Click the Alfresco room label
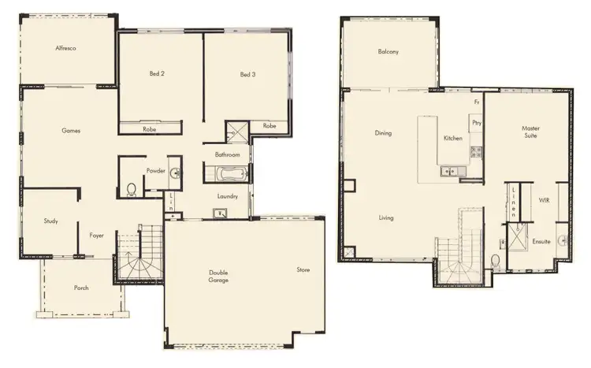click(x=65, y=49)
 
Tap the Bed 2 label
click(x=157, y=75)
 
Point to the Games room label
click(x=72, y=130)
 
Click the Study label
click(x=50, y=221)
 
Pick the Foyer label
click(x=96, y=235)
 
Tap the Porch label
click(x=81, y=288)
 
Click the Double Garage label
click(x=220, y=277)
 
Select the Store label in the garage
click(x=303, y=269)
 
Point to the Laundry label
click(x=228, y=196)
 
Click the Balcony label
click(x=388, y=52)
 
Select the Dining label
click(x=383, y=133)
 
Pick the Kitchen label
click(x=452, y=138)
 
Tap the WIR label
click(x=543, y=201)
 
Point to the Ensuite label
click(x=541, y=241)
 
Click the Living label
click(x=386, y=217)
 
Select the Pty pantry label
click(x=476, y=122)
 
